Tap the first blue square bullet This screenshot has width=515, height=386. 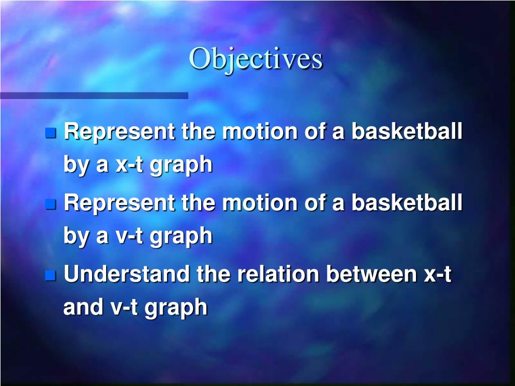point(50,133)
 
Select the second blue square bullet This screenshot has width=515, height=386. point(50,204)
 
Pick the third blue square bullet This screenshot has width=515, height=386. point(50,275)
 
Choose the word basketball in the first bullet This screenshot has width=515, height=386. point(406,132)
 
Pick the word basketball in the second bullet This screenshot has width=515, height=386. point(406,203)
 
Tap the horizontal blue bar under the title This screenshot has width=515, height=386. point(94,95)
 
